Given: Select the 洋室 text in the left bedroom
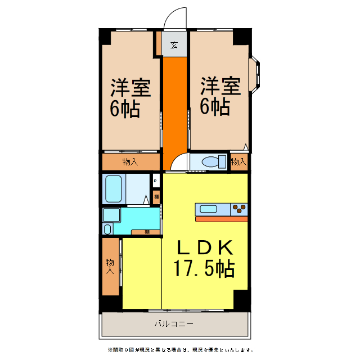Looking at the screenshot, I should click(130, 88).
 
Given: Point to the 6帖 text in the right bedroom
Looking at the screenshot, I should click(215, 107).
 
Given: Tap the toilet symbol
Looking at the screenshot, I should click(209, 162).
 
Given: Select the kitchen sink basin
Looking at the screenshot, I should click(209, 209).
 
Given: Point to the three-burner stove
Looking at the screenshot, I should click(239, 209).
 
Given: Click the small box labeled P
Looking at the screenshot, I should click(155, 182).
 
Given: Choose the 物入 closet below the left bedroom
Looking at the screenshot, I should click(130, 162).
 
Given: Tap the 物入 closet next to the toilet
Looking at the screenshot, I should click(238, 162).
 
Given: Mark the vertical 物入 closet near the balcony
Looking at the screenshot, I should click(111, 267).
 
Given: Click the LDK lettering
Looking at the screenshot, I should click(204, 247).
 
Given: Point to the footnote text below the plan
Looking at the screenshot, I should click(175, 350).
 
